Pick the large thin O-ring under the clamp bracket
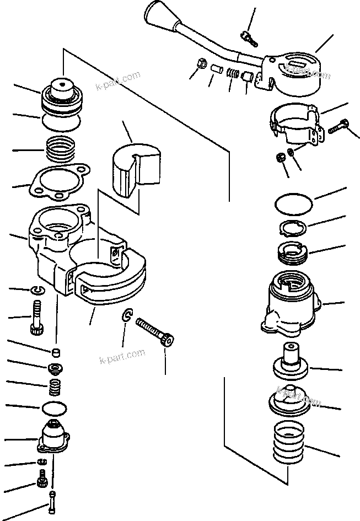pos(293,203)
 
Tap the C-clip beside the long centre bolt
pos(127,315)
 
